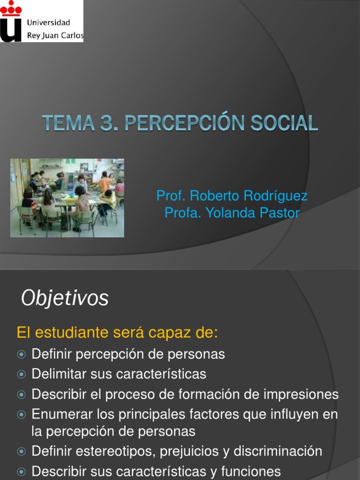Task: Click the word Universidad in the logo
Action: click(x=49, y=22)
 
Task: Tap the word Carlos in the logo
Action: click(x=72, y=35)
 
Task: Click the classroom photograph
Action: click(x=67, y=197)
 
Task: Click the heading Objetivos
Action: click(x=65, y=298)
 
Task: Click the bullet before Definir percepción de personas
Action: click(x=21, y=354)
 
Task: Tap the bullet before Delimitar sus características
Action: click(x=21, y=375)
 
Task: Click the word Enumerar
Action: click(x=60, y=414)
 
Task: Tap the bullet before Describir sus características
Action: click(x=21, y=472)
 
